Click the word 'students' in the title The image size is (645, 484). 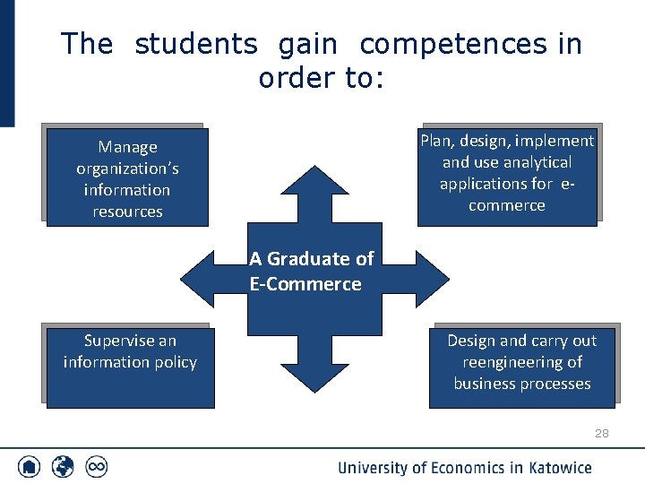click(195, 44)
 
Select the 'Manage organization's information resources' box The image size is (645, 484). click(126, 177)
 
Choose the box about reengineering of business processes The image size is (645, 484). click(521, 366)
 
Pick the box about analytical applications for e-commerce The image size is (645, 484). click(506, 174)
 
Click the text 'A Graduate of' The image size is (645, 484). click(311, 259)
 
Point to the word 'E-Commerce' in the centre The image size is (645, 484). click(305, 285)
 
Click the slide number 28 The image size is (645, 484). click(601, 434)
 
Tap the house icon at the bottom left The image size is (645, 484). click(30, 467)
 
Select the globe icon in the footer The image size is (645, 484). click(63, 467)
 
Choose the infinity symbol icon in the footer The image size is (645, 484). click(96, 467)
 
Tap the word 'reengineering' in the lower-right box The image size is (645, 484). click(521, 362)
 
